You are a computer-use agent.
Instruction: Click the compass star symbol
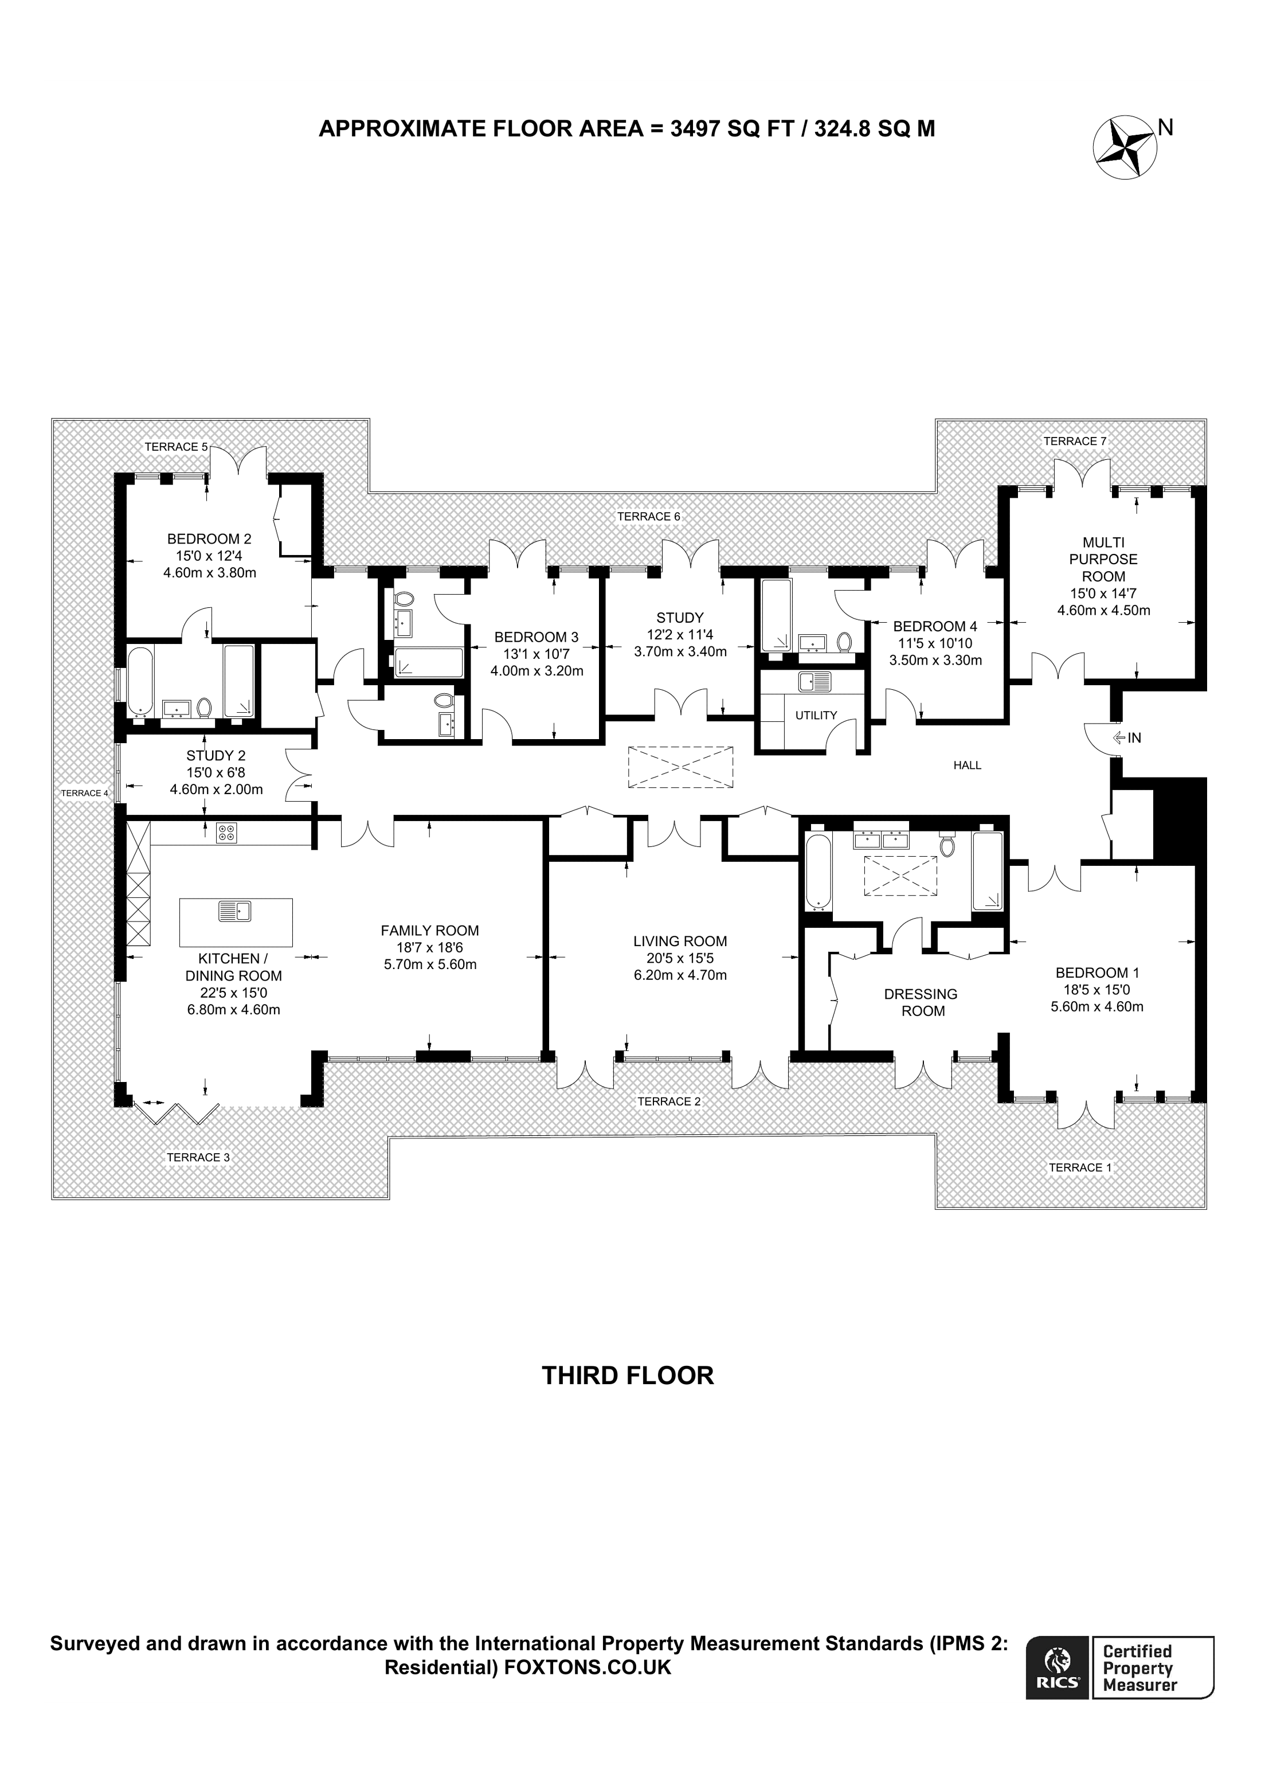click(x=1125, y=148)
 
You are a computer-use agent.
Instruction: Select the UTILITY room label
click(x=816, y=715)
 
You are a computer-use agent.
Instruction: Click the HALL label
click(x=968, y=765)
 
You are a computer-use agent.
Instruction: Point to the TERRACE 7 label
click(x=1075, y=441)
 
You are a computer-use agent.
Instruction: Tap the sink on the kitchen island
click(x=234, y=909)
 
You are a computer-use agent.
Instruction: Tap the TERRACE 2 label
click(x=669, y=1101)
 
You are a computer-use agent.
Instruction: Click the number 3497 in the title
click(x=695, y=128)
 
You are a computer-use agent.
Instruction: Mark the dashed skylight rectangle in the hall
click(x=680, y=767)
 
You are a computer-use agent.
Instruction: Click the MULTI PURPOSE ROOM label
click(x=1103, y=559)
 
